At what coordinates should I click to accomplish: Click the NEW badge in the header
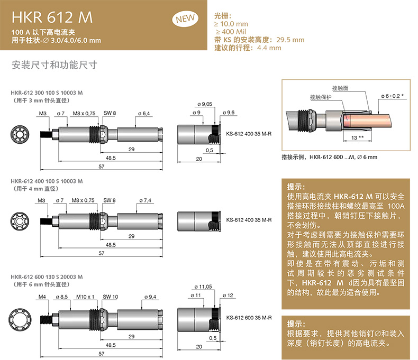tap(185, 19)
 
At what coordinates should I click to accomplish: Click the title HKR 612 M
tap(52, 17)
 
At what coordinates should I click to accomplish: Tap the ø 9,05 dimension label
tap(205, 104)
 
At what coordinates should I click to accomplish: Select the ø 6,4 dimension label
tap(144, 114)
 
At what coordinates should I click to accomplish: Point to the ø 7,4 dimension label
tap(145, 200)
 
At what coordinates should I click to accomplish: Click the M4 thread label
tap(42, 297)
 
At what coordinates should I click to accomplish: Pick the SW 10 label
tap(111, 297)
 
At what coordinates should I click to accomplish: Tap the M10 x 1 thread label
tap(85, 297)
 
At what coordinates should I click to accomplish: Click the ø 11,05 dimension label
tap(203, 287)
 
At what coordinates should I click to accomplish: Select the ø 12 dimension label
tap(228, 296)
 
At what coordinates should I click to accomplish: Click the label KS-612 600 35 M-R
tap(249, 318)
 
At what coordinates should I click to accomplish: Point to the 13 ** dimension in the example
tap(358, 137)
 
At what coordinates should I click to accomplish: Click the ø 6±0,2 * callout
tap(392, 96)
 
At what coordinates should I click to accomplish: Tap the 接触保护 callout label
tap(321, 97)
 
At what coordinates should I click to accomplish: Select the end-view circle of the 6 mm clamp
tap(20, 319)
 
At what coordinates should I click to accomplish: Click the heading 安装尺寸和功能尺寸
tap(54, 65)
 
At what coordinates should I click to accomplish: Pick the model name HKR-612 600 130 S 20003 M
tap(47, 277)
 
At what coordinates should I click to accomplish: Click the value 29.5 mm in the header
tap(290, 40)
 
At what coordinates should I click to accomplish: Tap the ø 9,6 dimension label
tap(229, 113)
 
